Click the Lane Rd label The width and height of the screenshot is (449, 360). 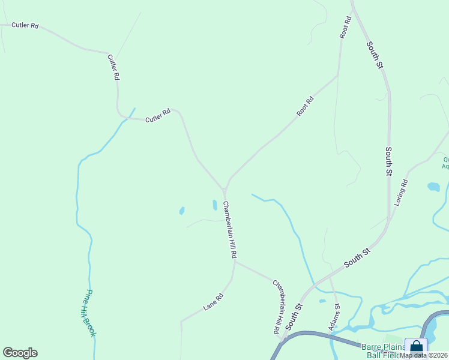213,301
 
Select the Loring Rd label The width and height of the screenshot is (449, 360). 401,193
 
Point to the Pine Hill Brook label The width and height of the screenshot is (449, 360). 88,313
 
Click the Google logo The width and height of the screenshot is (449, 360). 20,353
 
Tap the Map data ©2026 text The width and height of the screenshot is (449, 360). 424,355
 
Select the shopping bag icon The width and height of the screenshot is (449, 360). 416,347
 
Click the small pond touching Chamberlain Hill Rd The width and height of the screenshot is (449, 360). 214,205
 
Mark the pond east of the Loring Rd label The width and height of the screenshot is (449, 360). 433,187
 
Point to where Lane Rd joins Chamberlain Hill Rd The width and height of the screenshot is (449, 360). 234,262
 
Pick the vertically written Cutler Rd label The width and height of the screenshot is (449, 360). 113,67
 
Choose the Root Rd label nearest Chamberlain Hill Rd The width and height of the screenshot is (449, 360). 305,107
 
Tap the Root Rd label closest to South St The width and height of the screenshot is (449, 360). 345,28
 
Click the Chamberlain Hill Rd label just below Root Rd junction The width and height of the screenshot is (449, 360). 230,230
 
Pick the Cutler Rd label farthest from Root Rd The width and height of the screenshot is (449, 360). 25,26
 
